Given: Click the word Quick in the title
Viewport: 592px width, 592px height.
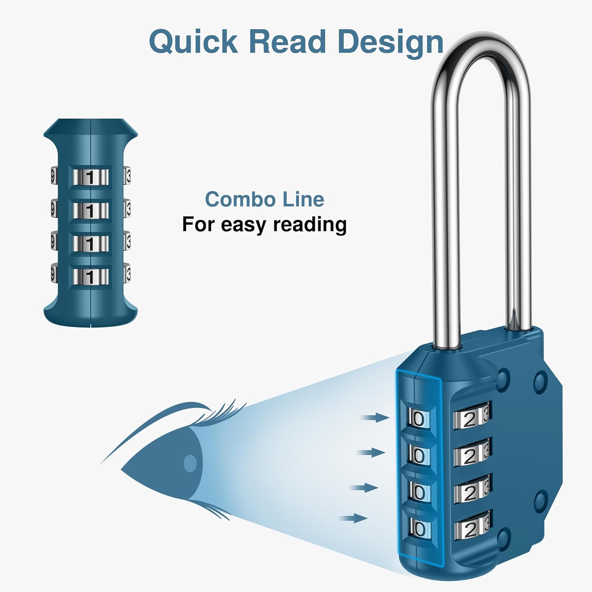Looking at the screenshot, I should pyautogui.click(x=193, y=42).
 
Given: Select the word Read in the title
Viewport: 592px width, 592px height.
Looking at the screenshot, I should pyautogui.click(x=287, y=42).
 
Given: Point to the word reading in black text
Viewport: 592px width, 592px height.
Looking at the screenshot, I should pyautogui.click(x=310, y=225).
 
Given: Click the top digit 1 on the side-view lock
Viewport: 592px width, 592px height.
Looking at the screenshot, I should pyautogui.click(x=90, y=178).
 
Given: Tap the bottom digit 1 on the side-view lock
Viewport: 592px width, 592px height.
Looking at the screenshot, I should pyautogui.click(x=90, y=277).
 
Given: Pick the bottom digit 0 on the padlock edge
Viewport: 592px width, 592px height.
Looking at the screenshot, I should pyautogui.click(x=420, y=528).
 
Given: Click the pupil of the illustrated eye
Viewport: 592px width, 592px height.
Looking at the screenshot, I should pyautogui.click(x=190, y=463).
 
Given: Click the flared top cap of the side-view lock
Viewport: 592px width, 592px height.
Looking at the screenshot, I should pyautogui.click(x=90, y=128).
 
